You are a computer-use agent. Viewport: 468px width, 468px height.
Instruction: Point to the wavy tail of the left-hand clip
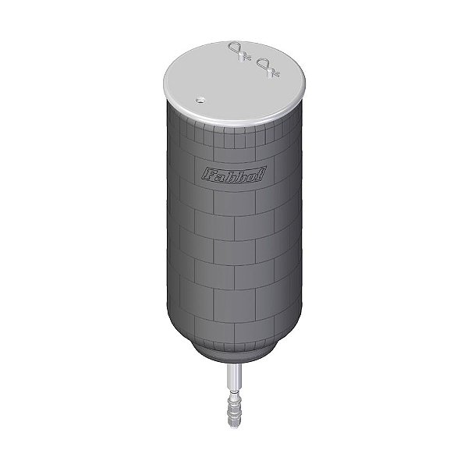[246, 57]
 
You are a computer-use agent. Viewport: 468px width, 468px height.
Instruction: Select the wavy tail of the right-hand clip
[275, 73]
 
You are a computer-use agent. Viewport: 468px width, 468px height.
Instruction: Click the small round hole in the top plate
[200, 100]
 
